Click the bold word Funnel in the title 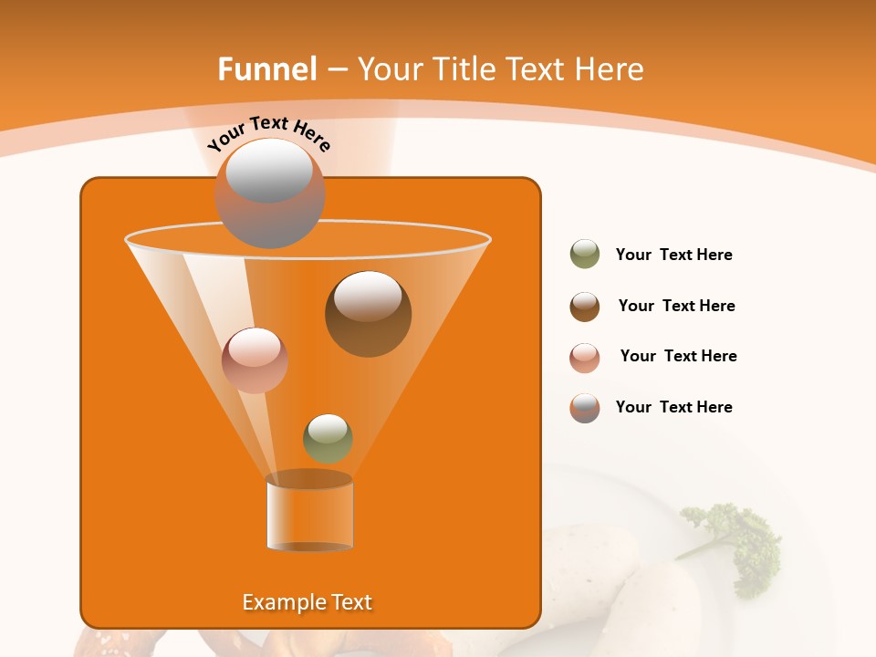pos(266,68)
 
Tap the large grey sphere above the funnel pos(269,193)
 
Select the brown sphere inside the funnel pos(368,313)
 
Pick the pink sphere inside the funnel pos(255,360)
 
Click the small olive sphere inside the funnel pos(328,438)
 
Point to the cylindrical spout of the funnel pos(309,515)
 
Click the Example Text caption pos(307,602)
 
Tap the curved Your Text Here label pos(268,134)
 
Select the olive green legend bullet pos(585,254)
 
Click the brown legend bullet pos(585,307)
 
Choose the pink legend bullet pos(585,358)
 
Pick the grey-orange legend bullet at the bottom pos(585,408)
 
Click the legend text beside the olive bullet pos(673,255)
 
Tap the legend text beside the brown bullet pos(676,306)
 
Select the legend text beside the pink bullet pos(678,356)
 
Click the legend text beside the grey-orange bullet pos(673,407)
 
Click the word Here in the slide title pos(609,68)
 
